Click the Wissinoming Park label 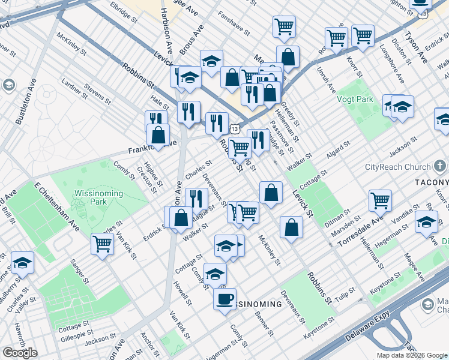click(98, 198)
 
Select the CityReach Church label click(397, 167)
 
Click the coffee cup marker click(224, 298)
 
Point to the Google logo click(20, 353)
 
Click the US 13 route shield click(235, 129)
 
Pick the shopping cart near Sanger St click(103, 244)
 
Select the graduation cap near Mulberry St click(22, 262)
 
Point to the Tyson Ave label click(418, 48)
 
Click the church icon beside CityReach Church click(439, 166)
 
